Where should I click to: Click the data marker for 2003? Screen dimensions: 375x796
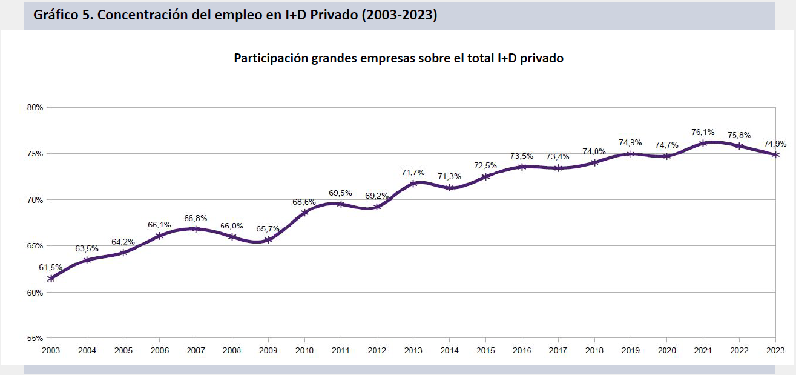(x=51, y=278)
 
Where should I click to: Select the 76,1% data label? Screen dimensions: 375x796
(x=703, y=132)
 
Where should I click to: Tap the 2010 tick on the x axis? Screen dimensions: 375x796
(x=304, y=350)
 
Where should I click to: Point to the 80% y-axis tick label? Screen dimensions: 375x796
(x=35, y=108)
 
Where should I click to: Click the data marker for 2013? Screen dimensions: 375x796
(x=413, y=183)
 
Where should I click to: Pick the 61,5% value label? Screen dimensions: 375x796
(x=51, y=267)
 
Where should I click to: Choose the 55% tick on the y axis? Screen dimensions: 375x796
(x=35, y=339)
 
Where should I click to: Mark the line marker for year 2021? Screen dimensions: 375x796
(x=703, y=143)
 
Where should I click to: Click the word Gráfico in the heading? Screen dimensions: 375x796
(x=56, y=15)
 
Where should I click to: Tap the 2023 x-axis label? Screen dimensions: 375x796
(x=775, y=350)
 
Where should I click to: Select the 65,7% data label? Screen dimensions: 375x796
(x=268, y=229)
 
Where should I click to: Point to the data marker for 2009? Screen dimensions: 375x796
(x=268, y=240)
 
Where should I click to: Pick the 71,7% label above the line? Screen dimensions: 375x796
(x=413, y=173)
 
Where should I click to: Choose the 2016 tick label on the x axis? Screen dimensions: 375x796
(x=521, y=350)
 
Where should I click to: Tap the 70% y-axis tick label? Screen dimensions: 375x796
(x=35, y=200)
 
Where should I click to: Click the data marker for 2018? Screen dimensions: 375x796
(x=594, y=162)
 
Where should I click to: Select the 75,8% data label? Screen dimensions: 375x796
(x=739, y=135)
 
